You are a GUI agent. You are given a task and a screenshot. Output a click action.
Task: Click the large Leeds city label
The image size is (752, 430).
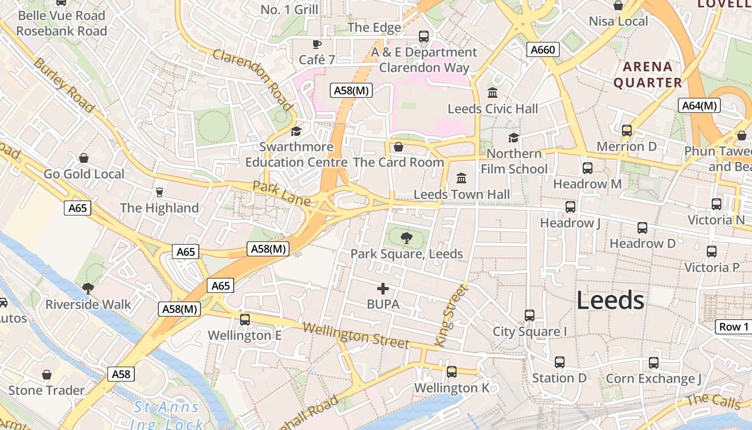(610, 300)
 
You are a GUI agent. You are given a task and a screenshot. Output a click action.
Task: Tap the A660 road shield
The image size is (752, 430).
(543, 50)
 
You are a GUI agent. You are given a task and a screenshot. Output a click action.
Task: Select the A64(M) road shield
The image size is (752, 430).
(699, 106)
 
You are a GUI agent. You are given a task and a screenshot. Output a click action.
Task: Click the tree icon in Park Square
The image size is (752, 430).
(407, 237)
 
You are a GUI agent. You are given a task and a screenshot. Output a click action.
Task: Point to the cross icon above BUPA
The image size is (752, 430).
(383, 289)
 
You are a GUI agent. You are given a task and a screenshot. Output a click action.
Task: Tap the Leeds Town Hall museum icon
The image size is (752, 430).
(461, 178)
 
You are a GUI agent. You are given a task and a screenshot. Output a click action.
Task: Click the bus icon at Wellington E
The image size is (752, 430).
(245, 320)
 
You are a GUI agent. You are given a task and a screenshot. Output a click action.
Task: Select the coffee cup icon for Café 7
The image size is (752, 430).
(317, 44)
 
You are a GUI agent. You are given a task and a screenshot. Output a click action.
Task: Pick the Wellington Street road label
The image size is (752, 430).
(355, 335)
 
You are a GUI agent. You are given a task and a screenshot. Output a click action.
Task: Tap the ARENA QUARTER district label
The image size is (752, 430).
(648, 75)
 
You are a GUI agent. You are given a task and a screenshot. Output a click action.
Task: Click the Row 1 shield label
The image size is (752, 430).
(734, 327)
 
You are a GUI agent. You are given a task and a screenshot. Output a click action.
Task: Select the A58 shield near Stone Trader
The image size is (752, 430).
(121, 374)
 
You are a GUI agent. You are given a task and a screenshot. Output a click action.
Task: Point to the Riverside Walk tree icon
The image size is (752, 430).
(88, 289)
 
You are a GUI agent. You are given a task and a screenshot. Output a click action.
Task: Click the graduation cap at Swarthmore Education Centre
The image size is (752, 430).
(296, 131)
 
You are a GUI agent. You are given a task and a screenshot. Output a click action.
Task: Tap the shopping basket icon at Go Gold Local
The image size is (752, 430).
(84, 158)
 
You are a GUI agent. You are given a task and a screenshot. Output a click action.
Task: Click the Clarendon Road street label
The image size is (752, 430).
(252, 79)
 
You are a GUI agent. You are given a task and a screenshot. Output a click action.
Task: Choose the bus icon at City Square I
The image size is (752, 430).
(530, 316)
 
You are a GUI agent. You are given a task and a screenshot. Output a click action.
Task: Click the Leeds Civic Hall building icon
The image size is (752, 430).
(493, 93)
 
